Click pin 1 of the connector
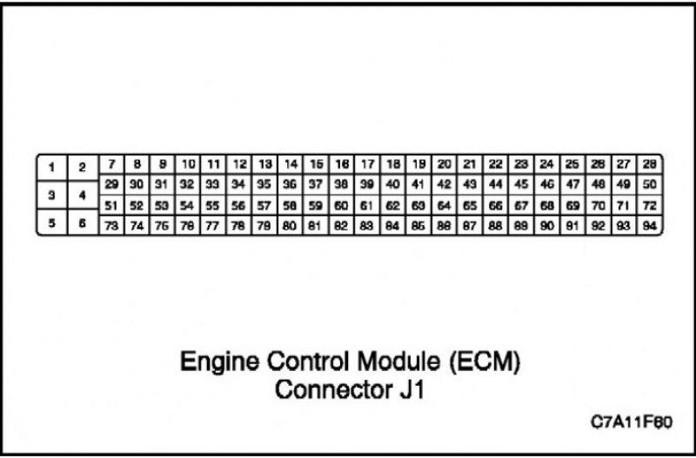[x=52, y=168]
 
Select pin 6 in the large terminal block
[x=82, y=222]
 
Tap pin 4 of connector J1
[x=82, y=195]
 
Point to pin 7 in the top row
[x=111, y=164]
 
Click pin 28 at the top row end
[x=649, y=164]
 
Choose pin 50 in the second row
[x=649, y=184]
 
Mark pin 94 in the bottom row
[x=649, y=226]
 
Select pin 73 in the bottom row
[x=111, y=226]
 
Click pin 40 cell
[x=393, y=184]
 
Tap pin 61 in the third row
[x=367, y=205]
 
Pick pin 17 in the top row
[x=367, y=164]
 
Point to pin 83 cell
[x=367, y=226]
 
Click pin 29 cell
[x=111, y=184]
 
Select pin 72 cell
[x=649, y=205]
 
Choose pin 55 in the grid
[x=212, y=205]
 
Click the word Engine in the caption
[x=220, y=362]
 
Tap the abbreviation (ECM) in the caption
[x=485, y=362]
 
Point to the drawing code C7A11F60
[x=632, y=422]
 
